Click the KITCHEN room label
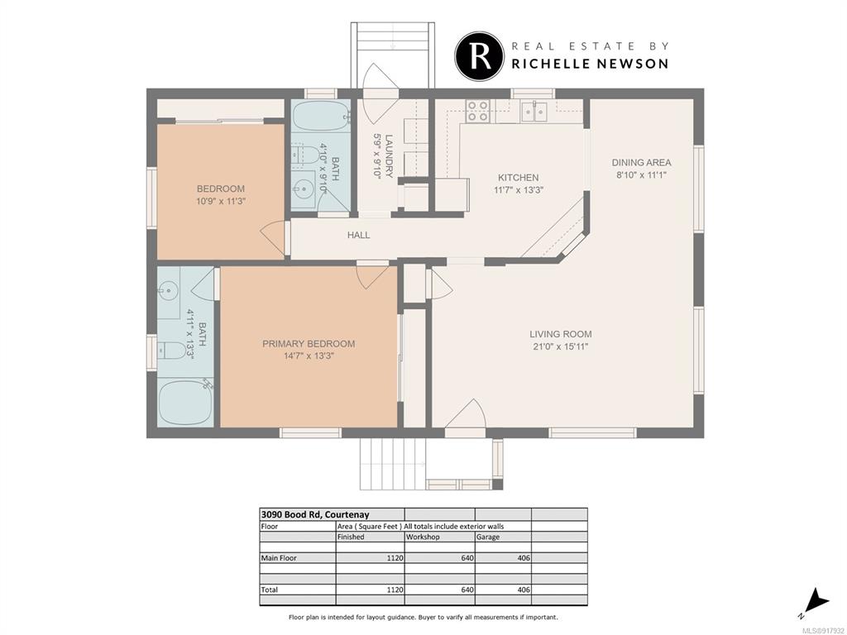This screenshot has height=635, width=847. click(x=518, y=178)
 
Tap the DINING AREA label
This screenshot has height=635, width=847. click(x=641, y=163)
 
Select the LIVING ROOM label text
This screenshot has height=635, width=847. click(x=560, y=334)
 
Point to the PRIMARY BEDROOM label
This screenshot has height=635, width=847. click(x=309, y=344)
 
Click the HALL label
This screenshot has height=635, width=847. click(x=359, y=235)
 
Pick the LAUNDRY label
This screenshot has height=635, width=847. click(x=389, y=155)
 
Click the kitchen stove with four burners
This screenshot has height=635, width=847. click(x=478, y=111)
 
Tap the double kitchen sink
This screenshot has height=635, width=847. click(x=534, y=111)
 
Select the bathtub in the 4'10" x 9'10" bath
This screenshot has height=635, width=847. click(x=322, y=115)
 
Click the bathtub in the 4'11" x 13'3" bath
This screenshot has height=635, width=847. click(x=184, y=403)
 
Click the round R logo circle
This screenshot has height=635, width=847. click(x=480, y=56)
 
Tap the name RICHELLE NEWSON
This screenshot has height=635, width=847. click(x=590, y=64)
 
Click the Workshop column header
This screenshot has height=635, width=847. click(x=423, y=537)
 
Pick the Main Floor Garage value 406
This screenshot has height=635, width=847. click(x=524, y=558)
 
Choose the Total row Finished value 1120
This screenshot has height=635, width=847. click(x=395, y=590)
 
